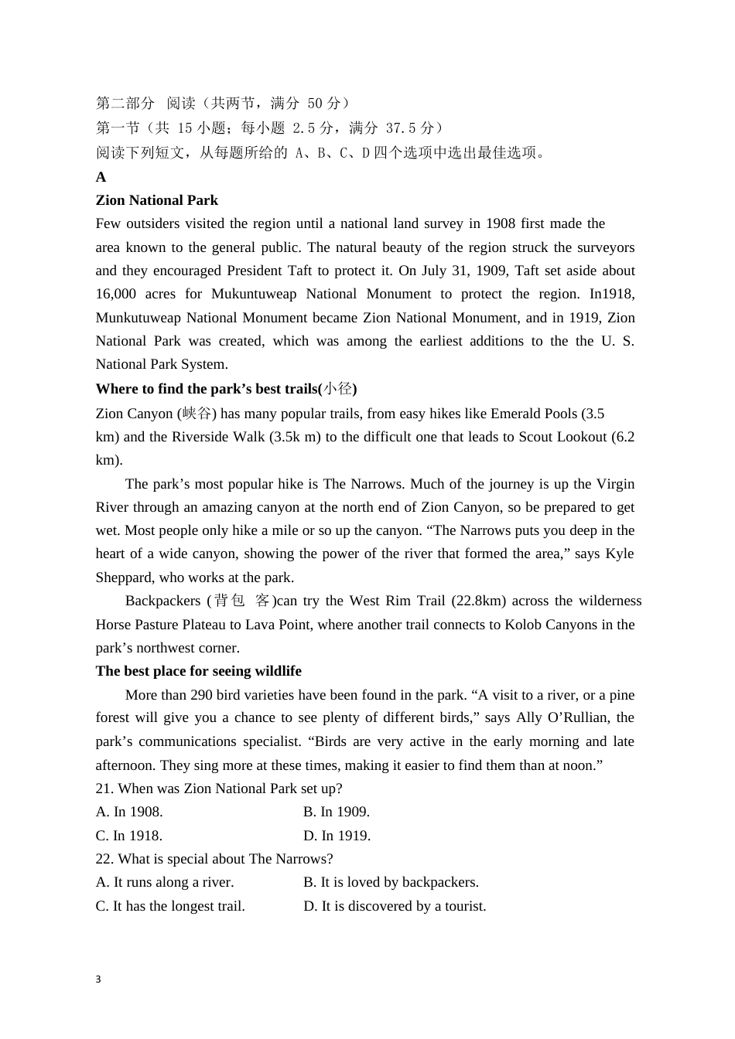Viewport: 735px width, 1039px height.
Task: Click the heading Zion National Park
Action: [x=156, y=200]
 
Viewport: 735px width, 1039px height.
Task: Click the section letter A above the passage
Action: [x=101, y=177]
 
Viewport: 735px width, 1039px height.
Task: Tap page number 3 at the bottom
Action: [x=98, y=979]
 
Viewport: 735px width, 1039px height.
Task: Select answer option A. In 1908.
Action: [x=129, y=812]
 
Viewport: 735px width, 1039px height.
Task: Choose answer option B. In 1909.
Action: [x=337, y=812]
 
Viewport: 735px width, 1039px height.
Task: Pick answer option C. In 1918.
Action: [x=129, y=836]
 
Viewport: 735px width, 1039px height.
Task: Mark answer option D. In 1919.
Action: [x=337, y=836]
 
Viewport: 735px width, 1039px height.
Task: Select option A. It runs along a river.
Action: [x=165, y=882]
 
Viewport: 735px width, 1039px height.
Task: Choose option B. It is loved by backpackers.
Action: [x=391, y=882]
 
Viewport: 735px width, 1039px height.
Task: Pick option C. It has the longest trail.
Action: [x=170, y=906]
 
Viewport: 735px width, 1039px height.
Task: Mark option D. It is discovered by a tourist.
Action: [x=395, y=906]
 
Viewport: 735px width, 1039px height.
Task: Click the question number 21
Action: [x=104, y=789]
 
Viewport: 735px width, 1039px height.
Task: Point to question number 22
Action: [x=104, y=859]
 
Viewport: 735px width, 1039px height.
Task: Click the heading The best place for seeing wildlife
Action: [x=198, y=671]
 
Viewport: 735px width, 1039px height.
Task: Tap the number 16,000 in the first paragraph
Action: [x=116, y=294]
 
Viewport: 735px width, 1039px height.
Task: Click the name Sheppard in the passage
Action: [x=124, y=577]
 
